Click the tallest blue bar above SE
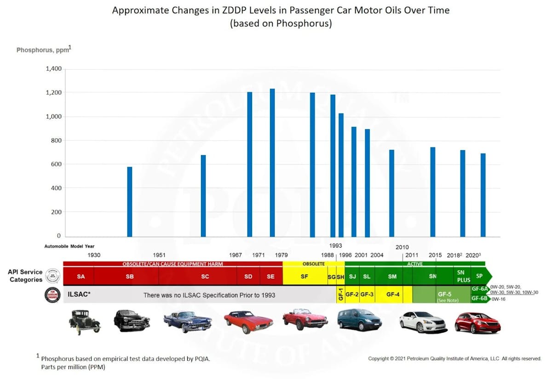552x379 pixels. click(x=272, y=163)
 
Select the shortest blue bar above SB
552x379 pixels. click(x=130, y=202)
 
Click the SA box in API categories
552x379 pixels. click(x=81, y=277)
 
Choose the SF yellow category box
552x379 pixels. click(x=305, y=277)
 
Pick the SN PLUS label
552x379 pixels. click(x=464, y=277)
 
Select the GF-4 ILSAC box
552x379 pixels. click(x=393, y=294)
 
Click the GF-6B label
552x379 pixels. click(x=480, y=298)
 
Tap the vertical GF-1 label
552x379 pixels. click(x=341, y=294)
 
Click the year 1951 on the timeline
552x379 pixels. click(x=159, y=255)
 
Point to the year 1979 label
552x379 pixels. click(x=282, y=255)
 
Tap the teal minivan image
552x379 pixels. click(x=359, y=319)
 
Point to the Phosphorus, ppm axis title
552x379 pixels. click(x=43, y=50)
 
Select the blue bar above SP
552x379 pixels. click(x=483, y=195)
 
